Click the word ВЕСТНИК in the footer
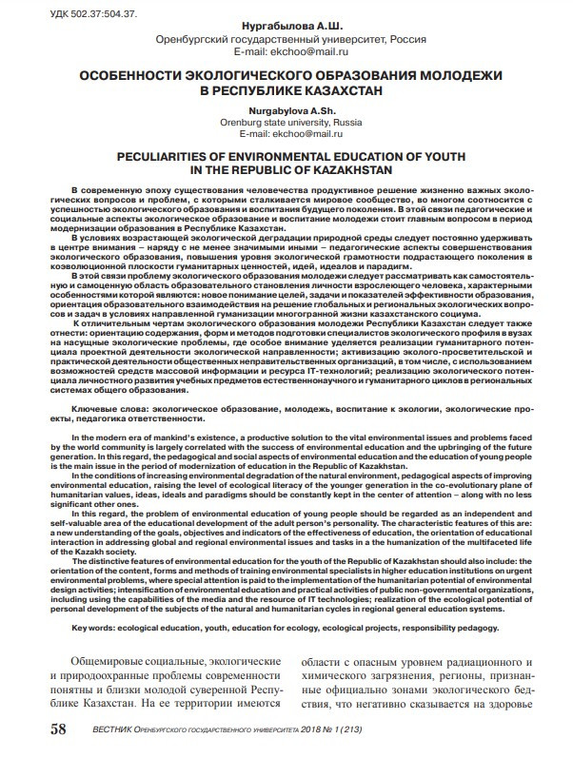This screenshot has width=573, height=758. click(108, 729)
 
